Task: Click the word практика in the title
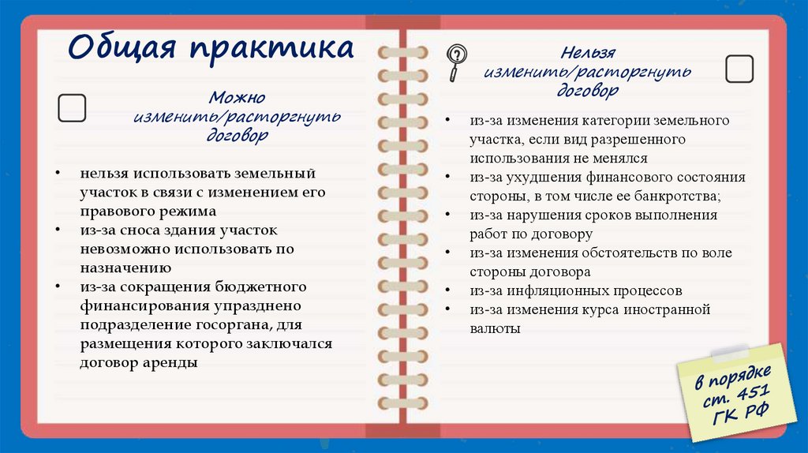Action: coord(269,49)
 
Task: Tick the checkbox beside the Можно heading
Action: coord(73,108)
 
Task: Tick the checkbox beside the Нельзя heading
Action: coord(739,69)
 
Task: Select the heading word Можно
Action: coord(238,99)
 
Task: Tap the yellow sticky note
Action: coord(731,391)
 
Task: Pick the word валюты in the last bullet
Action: coord(495,328)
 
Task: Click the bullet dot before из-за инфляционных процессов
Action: coord(448,290)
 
